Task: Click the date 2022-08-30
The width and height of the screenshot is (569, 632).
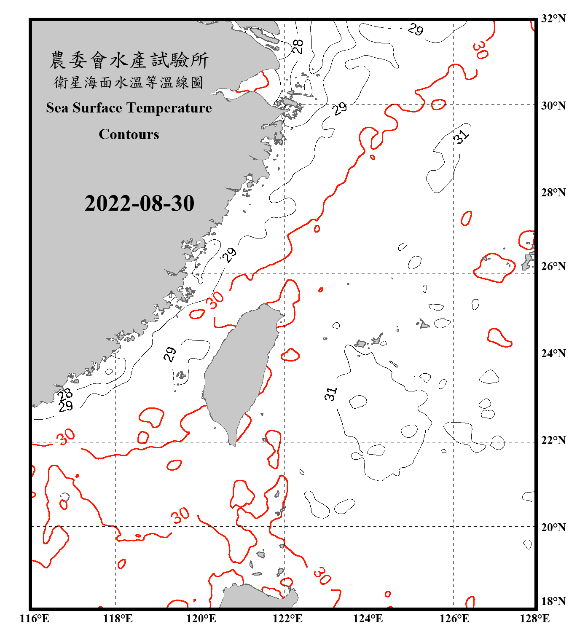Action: (139, 204)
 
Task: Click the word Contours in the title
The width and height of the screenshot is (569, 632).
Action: (129, 134)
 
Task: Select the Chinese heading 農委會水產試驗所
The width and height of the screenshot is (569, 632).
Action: (129, 60)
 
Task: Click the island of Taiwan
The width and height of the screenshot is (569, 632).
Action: (238, 371)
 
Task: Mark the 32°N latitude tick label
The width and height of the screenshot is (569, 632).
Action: (553, 19)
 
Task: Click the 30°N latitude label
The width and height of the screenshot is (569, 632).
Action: (553, 105)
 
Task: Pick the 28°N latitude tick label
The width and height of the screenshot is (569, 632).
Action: (553, 193)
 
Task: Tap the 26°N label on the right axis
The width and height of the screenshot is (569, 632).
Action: (553, 266)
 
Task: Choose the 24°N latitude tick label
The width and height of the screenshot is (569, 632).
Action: (553, 353)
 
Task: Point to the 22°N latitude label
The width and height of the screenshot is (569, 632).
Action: (553, 440)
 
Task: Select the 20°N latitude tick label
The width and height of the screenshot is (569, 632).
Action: (553, 527)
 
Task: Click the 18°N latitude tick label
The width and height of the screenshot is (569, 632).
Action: (553, 601)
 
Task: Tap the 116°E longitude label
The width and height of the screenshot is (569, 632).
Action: (35, 619)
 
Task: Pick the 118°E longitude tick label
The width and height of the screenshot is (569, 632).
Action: (118, 619)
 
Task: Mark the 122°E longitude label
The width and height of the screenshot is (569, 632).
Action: (287, 619)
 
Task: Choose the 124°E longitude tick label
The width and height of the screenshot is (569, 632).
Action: (368, 619)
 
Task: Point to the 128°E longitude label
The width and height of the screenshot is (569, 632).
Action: (534, 619)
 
